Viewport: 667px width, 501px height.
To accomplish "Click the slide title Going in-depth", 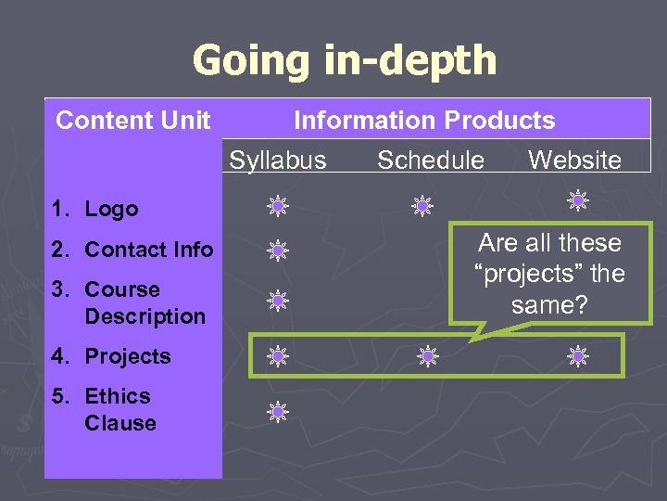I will [x=344, y=61].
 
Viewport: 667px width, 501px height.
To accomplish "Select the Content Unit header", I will [x=133, y=121].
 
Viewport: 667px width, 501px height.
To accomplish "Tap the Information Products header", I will [x=424, y=121].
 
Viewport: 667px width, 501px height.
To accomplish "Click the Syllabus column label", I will [x=278, y=161].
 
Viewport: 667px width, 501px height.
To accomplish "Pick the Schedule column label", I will [x=431, y=161].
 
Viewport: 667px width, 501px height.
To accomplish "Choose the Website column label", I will [x=574, y=161].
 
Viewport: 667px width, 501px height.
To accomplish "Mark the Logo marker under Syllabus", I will [x=277, y=206].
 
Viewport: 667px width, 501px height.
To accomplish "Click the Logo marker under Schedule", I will [x=422, y=206].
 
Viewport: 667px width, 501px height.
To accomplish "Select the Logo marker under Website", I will [x=578, y=199].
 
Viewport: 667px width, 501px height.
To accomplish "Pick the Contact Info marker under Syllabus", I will [x=277, y=249].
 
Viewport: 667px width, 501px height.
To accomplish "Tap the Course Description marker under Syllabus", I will [x=277, y=300].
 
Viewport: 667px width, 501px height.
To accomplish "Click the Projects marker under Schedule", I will [x=426, y=354].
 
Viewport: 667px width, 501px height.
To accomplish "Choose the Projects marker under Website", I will [x=578, y=354].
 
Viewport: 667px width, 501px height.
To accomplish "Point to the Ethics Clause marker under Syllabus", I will [x=277, y=409].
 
